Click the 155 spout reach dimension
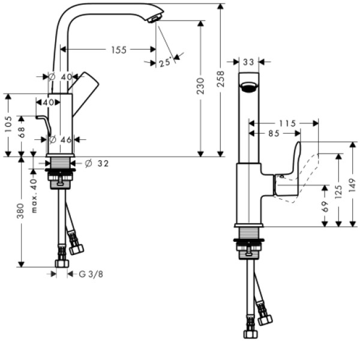(118, 50)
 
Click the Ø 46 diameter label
(60, 140)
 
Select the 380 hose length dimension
(20, 210)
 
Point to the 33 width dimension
(249, 61)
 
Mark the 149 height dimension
(352, 185)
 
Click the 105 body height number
(8, 124)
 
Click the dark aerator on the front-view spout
(248, 88)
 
